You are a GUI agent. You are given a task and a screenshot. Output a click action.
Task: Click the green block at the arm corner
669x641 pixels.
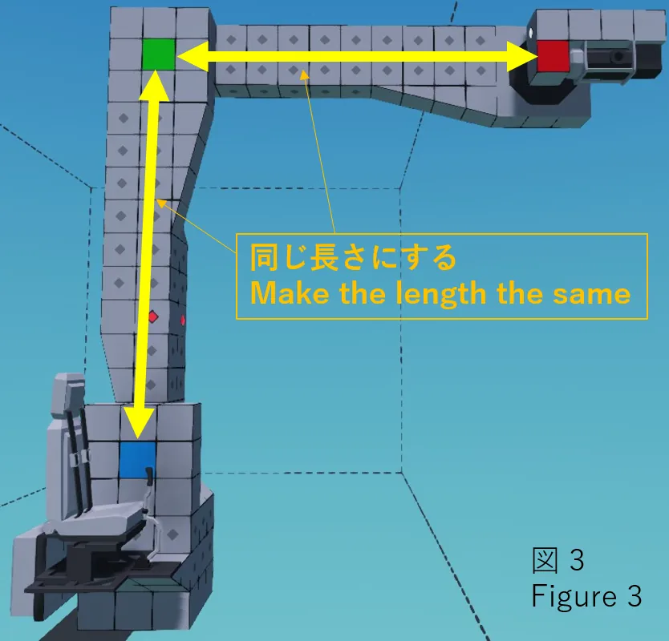pyautogui.click(x=158, y=54)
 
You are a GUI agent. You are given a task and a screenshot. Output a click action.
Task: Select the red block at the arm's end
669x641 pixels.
pyautogui.click(x=553, y=56)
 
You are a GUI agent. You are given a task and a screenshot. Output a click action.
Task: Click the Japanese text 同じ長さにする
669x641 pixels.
pyautogui.click(x=353, y=258)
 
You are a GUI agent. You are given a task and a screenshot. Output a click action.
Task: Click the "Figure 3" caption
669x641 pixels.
pyautogui.click(x=586, y=597)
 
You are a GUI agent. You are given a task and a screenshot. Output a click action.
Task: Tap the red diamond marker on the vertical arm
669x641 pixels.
pyautogui.click(x=152, y=317)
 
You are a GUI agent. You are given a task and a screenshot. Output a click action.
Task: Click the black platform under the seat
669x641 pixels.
pyautogui.click(x=88, y=580)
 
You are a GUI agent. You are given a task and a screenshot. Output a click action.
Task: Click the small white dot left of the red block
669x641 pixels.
pyautogui.click(x=531, y=32)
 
